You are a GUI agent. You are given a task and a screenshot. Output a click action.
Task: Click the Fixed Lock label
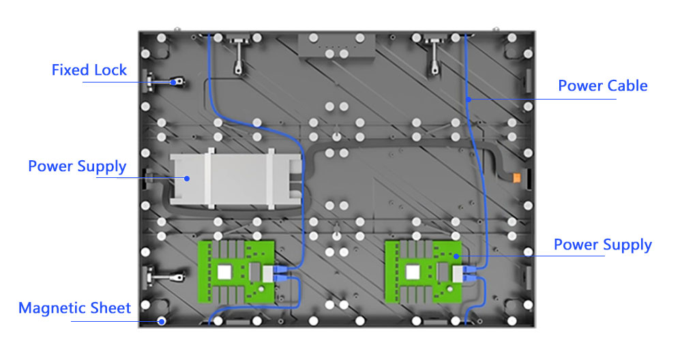pyautogui.click(x=89, y=70)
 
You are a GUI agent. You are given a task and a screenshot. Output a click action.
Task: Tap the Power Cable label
pyautogui.click(x=602, y=86)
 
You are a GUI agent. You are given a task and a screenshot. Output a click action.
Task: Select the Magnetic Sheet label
pyautogui.click(x=74, y=308)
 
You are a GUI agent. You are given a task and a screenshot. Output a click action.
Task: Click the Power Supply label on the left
pyautogui.click(x=77, y=166)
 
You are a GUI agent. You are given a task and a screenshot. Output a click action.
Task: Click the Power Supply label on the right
pyautogui.click(x=602, y=245)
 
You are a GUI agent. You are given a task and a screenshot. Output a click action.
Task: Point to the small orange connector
pyautogui.click(x=517, y=178)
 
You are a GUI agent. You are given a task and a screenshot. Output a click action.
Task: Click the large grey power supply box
pyautogui.click(x=235, y=179)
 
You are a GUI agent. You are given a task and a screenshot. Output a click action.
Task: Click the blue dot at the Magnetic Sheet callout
pyautogui.click(x=162, y=320)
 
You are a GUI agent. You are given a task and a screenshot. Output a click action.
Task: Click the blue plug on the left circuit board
pyautogui.click(x=280, y=274)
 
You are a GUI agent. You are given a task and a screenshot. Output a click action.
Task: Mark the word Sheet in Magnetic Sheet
pyautogui.click(x=110, y=308)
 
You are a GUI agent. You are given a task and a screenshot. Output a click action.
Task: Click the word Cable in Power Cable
pyautogui.click(x=625, y=86)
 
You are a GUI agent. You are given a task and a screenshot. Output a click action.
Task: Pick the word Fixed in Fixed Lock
pyautogui.click(x=69, y=70)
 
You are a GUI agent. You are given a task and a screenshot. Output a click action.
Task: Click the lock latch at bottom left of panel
pyautogui.click(x=166, y=277)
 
